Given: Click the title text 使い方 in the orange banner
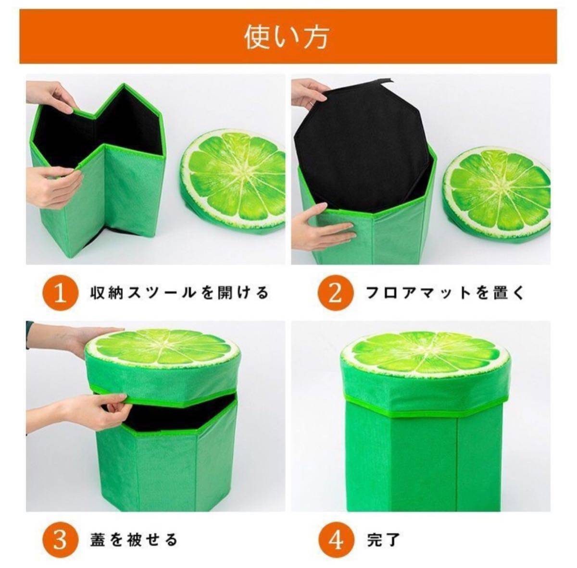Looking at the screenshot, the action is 286,37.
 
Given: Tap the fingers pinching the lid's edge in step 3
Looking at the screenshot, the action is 93,408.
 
